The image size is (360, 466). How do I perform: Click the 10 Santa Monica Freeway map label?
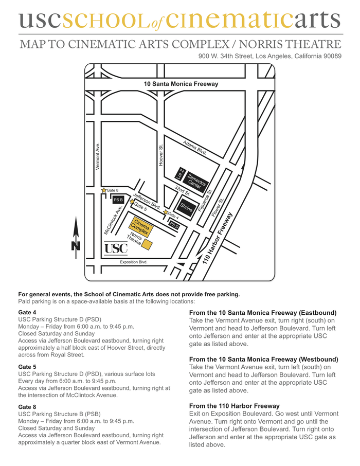point(181,84)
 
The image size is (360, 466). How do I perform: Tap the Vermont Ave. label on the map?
point(98,156)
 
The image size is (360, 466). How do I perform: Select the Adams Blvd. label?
point(195,148)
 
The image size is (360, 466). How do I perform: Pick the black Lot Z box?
point(181,174)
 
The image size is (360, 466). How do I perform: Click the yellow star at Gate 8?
point(104,190)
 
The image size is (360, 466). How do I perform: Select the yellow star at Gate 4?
point(165,213)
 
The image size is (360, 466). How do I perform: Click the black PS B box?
point(118,200)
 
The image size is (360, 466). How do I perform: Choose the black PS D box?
point(174,225)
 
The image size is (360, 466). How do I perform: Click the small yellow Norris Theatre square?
point(147,244)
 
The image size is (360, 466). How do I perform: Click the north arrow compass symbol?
point(76,235)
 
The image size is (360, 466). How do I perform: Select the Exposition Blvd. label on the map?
point(133,262)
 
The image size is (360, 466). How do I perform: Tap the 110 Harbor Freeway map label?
point(218,239)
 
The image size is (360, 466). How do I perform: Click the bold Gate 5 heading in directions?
point(27,367)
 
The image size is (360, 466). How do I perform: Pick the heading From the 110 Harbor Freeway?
point(235,406)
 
